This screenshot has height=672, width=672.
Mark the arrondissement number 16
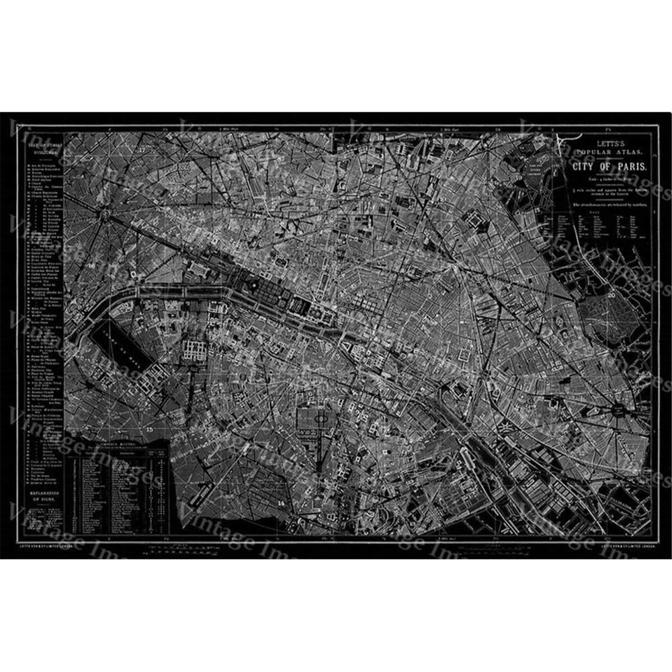(x=90, y=267)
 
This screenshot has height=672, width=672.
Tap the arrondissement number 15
(x=149, y=428)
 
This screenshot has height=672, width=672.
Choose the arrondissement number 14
(x=281, y=501)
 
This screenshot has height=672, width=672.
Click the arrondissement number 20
(x=611, y=294)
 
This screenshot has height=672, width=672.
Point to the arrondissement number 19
(x=519, y=178)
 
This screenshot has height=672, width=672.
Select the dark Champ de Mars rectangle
(x=112, y=341)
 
